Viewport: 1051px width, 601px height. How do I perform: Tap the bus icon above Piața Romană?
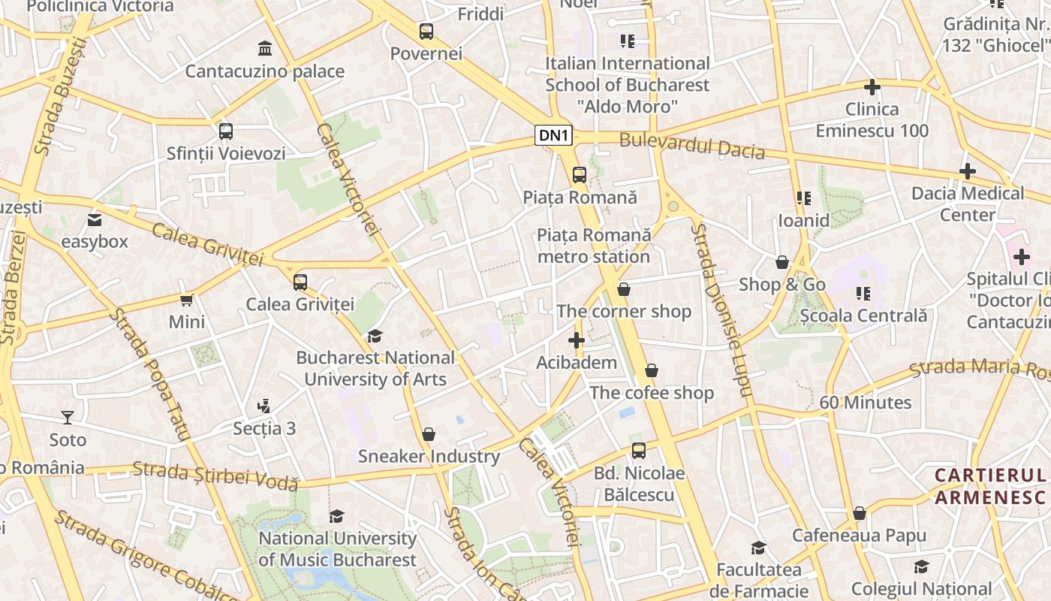pyautogui.click(x=579, y=175)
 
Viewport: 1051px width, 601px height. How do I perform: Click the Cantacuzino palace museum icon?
pyautogui.click(x=264, y=49)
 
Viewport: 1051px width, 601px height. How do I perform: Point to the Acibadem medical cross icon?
pyautogui.click(x=576, y=340)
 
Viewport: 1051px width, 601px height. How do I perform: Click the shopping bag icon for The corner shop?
pyautogui.click(x=623, y=289)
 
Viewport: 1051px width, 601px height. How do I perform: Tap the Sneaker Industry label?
pyautogui.click(x=429, y=456)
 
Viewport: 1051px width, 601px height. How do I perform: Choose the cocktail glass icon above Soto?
pyautogui.click(x=68, y=417)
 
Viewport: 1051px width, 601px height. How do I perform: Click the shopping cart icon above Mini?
pyautogui.click(x=186, y=300)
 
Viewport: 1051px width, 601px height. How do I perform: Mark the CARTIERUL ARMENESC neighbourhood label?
pyautogui.click(x=990, y=486)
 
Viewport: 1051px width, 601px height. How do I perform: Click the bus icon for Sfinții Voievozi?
pyautogui.click(x=225, y=131)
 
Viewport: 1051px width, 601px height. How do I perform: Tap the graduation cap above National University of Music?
pyautogui.click(x=336, y=516)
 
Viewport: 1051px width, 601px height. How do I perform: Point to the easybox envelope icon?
pyautogui.click(x=94, y=220)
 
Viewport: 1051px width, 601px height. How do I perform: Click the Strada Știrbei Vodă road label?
pyautogui.click(x=215, y=476)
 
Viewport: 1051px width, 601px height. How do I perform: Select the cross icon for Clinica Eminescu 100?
pyautogui.click(x=872, y=86)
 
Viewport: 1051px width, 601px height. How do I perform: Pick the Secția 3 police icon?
pyautogui.click(x=264, y=406)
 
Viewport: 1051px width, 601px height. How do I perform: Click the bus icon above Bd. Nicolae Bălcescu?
pyautogui.click(x=638, y=451)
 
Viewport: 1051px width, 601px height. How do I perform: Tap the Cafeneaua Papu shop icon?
pyautogui.click(x=859, y=514)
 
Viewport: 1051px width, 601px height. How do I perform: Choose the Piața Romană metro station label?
pyautogui.click(x=594, y=246)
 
